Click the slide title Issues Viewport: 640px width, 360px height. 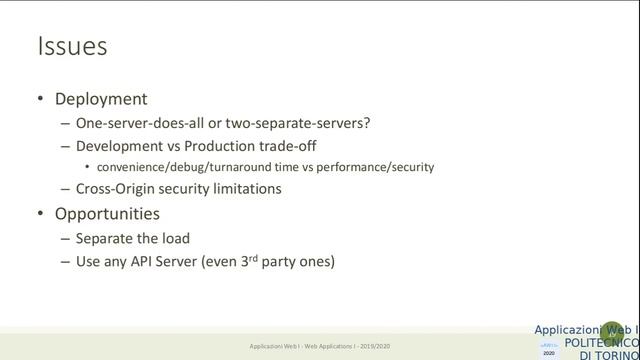71,46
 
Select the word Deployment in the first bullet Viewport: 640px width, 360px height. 101,99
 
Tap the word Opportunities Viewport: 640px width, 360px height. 107,213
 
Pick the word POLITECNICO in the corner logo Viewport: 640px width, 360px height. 599,343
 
